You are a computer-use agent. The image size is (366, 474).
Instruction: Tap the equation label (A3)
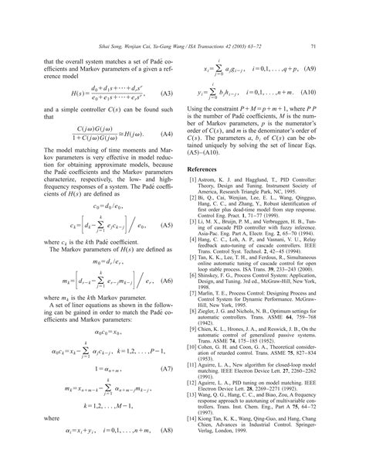(163, 94)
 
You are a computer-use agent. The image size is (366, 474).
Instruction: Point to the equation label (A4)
(163, 134)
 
